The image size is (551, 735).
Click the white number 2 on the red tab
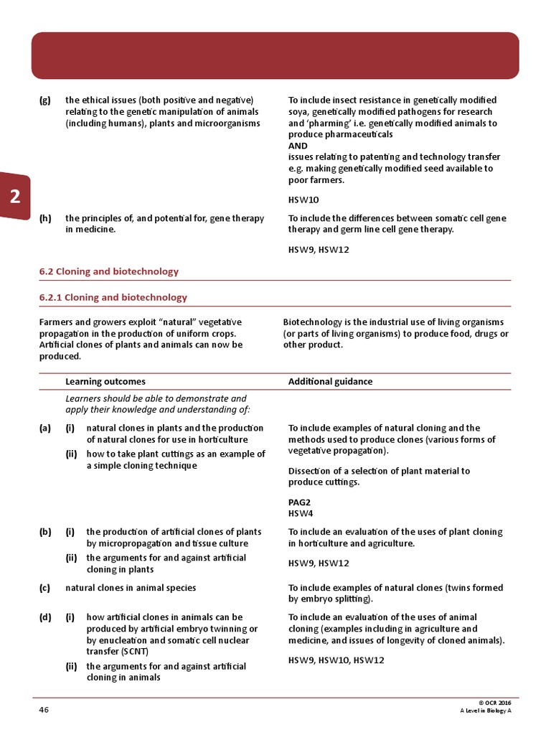click(14, 197)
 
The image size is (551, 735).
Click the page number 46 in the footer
click(44, 709)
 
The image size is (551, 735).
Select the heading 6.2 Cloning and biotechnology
click(108, 271)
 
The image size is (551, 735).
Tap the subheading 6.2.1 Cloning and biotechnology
click(113, 297)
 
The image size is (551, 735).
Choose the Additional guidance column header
click(330, 381)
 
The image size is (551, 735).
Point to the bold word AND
click(298, 146)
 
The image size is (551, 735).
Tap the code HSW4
click(301, 513)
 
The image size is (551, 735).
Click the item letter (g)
click(45, 100)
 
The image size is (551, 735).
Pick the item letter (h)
click(45, 218)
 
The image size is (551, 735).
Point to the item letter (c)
click(45, 587)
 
